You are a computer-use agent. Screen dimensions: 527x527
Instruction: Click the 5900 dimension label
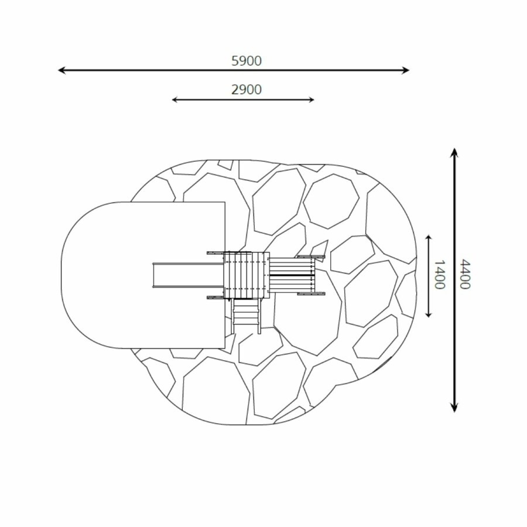click(247, 61)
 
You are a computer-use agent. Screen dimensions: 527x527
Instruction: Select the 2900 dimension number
click(247, 90)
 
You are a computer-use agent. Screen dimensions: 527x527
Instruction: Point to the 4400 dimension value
click(465, 274)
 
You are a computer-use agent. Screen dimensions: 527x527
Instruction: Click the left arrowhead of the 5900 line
click(61, 70)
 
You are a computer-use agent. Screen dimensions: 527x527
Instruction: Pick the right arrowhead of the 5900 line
click(406, 70)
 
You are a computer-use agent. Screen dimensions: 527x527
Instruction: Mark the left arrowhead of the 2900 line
click(174, 100)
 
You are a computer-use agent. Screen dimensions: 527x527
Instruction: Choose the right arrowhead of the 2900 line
click(312, 100)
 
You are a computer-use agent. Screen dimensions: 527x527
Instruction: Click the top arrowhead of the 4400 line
click(454, 152)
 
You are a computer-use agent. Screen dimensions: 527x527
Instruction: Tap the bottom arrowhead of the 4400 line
click(454, 408)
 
